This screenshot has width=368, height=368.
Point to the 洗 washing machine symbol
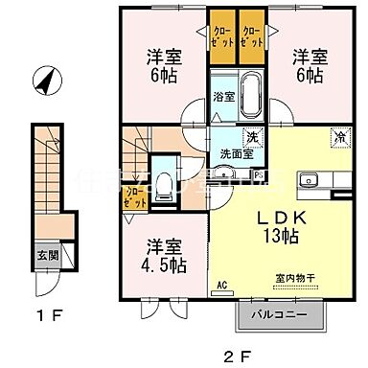coord(254,135)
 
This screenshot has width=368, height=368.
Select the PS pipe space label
coord(259,174)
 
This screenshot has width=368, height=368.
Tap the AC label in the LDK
coord(221,285)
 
